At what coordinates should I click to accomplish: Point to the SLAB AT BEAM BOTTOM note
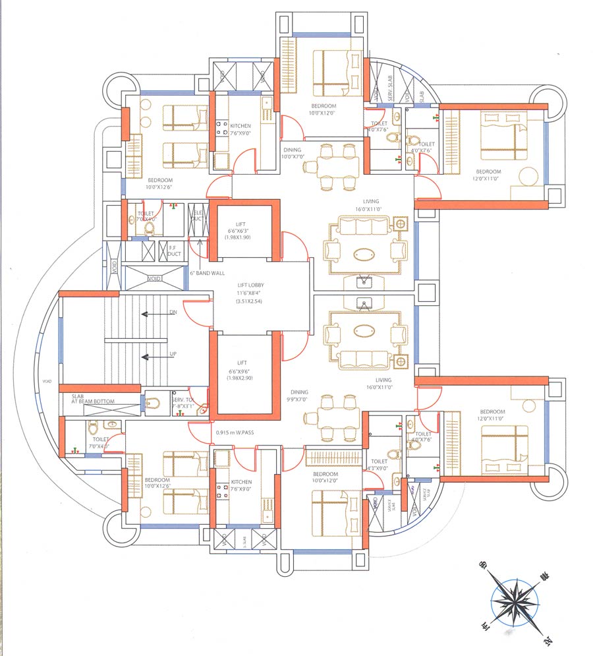93,399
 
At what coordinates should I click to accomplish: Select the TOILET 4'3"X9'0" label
378,465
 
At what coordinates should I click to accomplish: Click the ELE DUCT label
196,214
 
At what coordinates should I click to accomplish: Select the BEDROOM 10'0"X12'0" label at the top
323,109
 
